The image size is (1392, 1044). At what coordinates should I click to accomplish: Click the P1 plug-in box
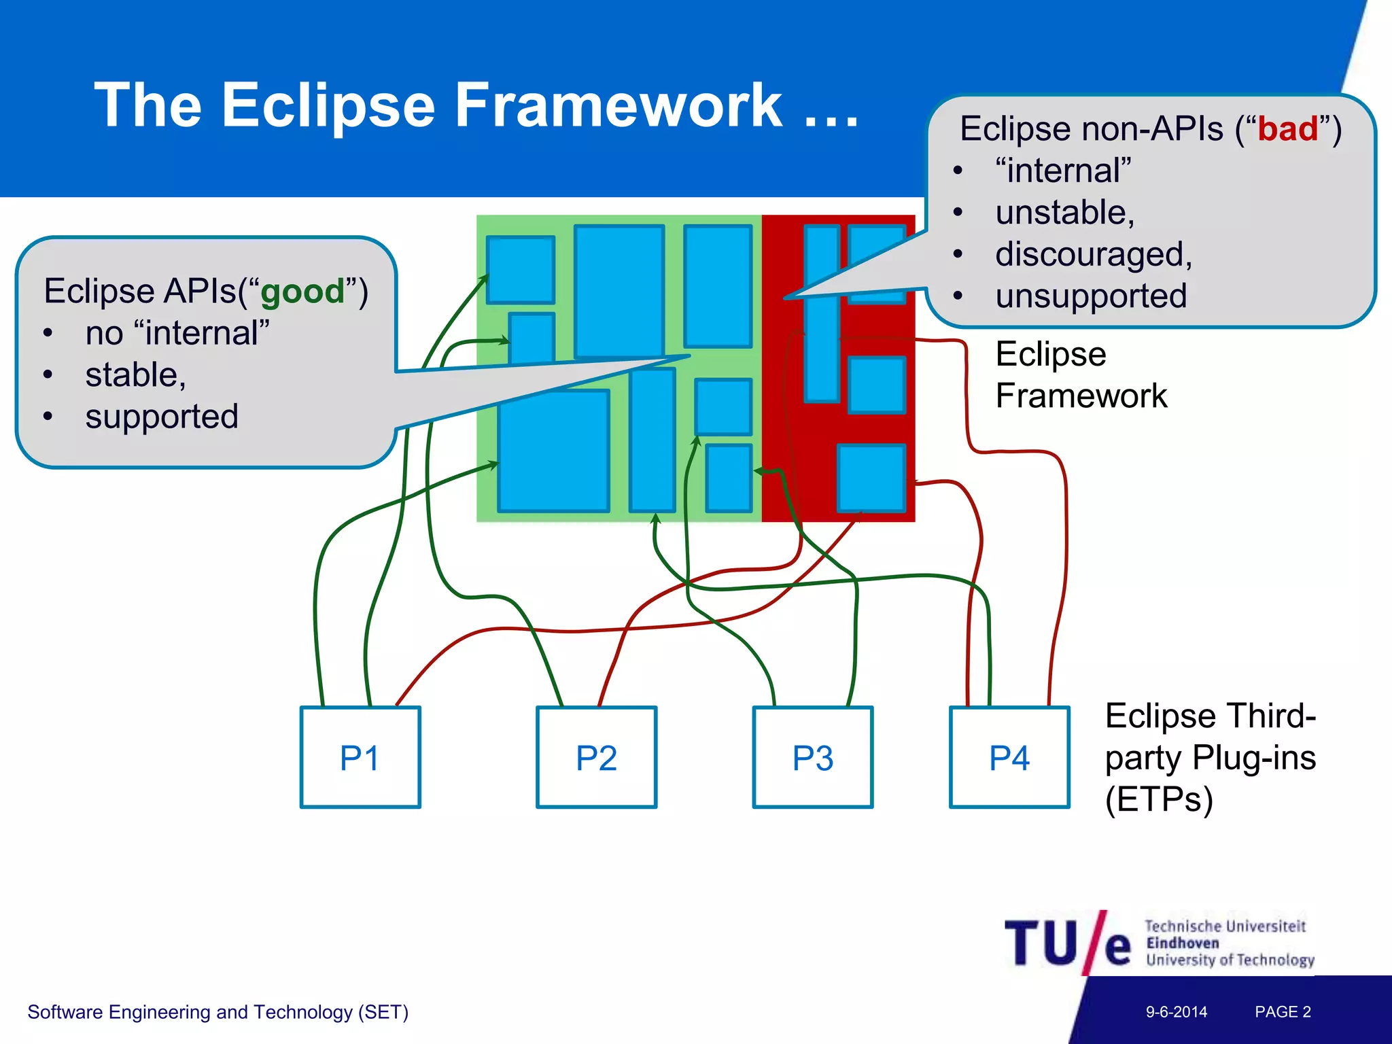click(360, 757)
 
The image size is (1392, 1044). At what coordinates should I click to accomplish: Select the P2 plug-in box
click(596, 757)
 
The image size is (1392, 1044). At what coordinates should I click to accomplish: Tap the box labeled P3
click(812, 757)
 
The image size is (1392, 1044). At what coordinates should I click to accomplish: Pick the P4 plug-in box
click(1009, 757)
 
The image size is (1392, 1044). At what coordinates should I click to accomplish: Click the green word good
click(302, 292)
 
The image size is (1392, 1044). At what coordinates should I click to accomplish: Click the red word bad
click(1287, 129)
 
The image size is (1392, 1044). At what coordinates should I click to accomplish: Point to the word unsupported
click(1091, 296)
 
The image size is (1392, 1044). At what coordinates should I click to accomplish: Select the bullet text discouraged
click(1093, 255)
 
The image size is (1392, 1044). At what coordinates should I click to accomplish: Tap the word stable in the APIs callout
click(135, 375)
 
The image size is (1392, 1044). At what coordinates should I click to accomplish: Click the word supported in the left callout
click(162, 417)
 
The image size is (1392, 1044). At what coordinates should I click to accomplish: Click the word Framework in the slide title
click(619, 105)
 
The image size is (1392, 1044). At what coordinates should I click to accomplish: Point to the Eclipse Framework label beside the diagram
click(1081, 375)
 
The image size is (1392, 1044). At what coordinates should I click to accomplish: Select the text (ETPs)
click(1158, 799)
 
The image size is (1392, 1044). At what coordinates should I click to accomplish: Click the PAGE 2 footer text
click(1283, 1011)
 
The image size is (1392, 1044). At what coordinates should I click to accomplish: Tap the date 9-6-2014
click(1176, 1011)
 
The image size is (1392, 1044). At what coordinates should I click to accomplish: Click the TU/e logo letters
click(1067, 943)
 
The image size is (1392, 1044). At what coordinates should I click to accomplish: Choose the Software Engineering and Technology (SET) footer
click(217, 1012)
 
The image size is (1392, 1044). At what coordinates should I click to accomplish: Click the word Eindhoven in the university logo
click(1182, 943)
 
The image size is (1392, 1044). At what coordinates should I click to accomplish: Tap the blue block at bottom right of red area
click(871, 477)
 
